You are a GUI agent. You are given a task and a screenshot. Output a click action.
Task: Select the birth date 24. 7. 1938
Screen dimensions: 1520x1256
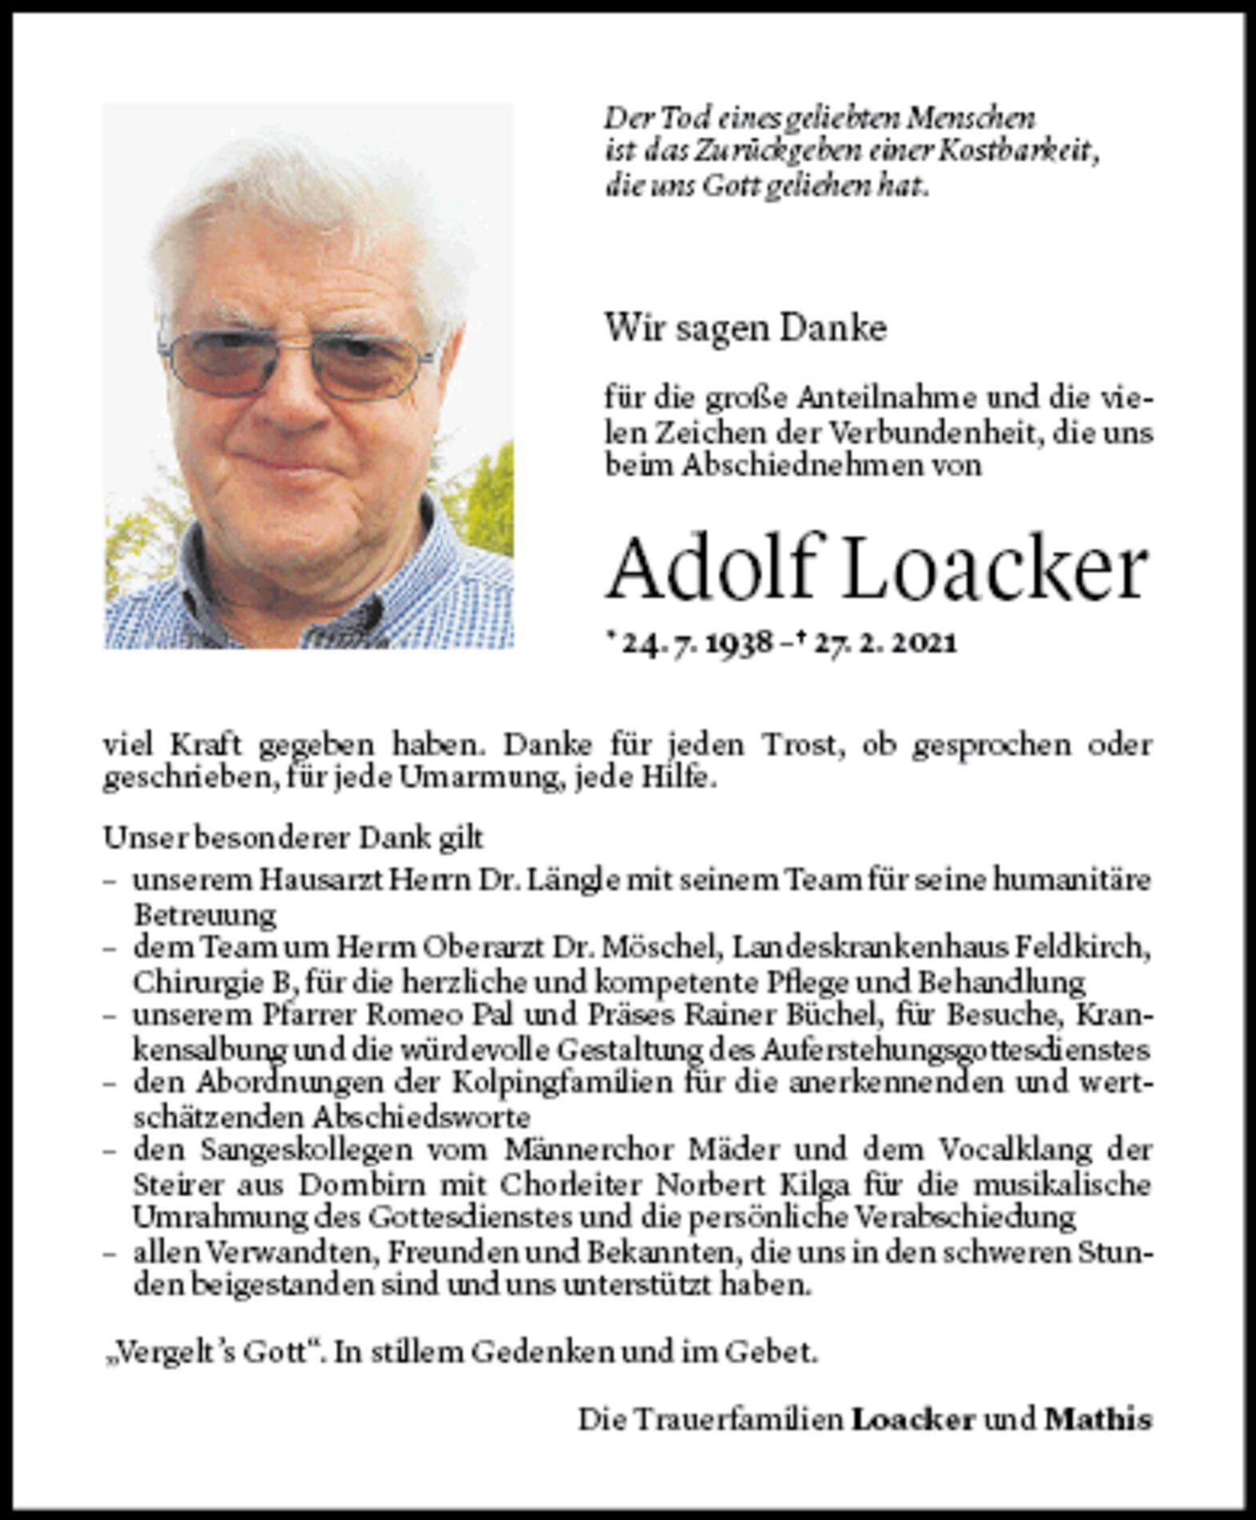[696, 644]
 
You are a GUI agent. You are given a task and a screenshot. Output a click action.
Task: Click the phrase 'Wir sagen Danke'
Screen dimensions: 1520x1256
[745, 328]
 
